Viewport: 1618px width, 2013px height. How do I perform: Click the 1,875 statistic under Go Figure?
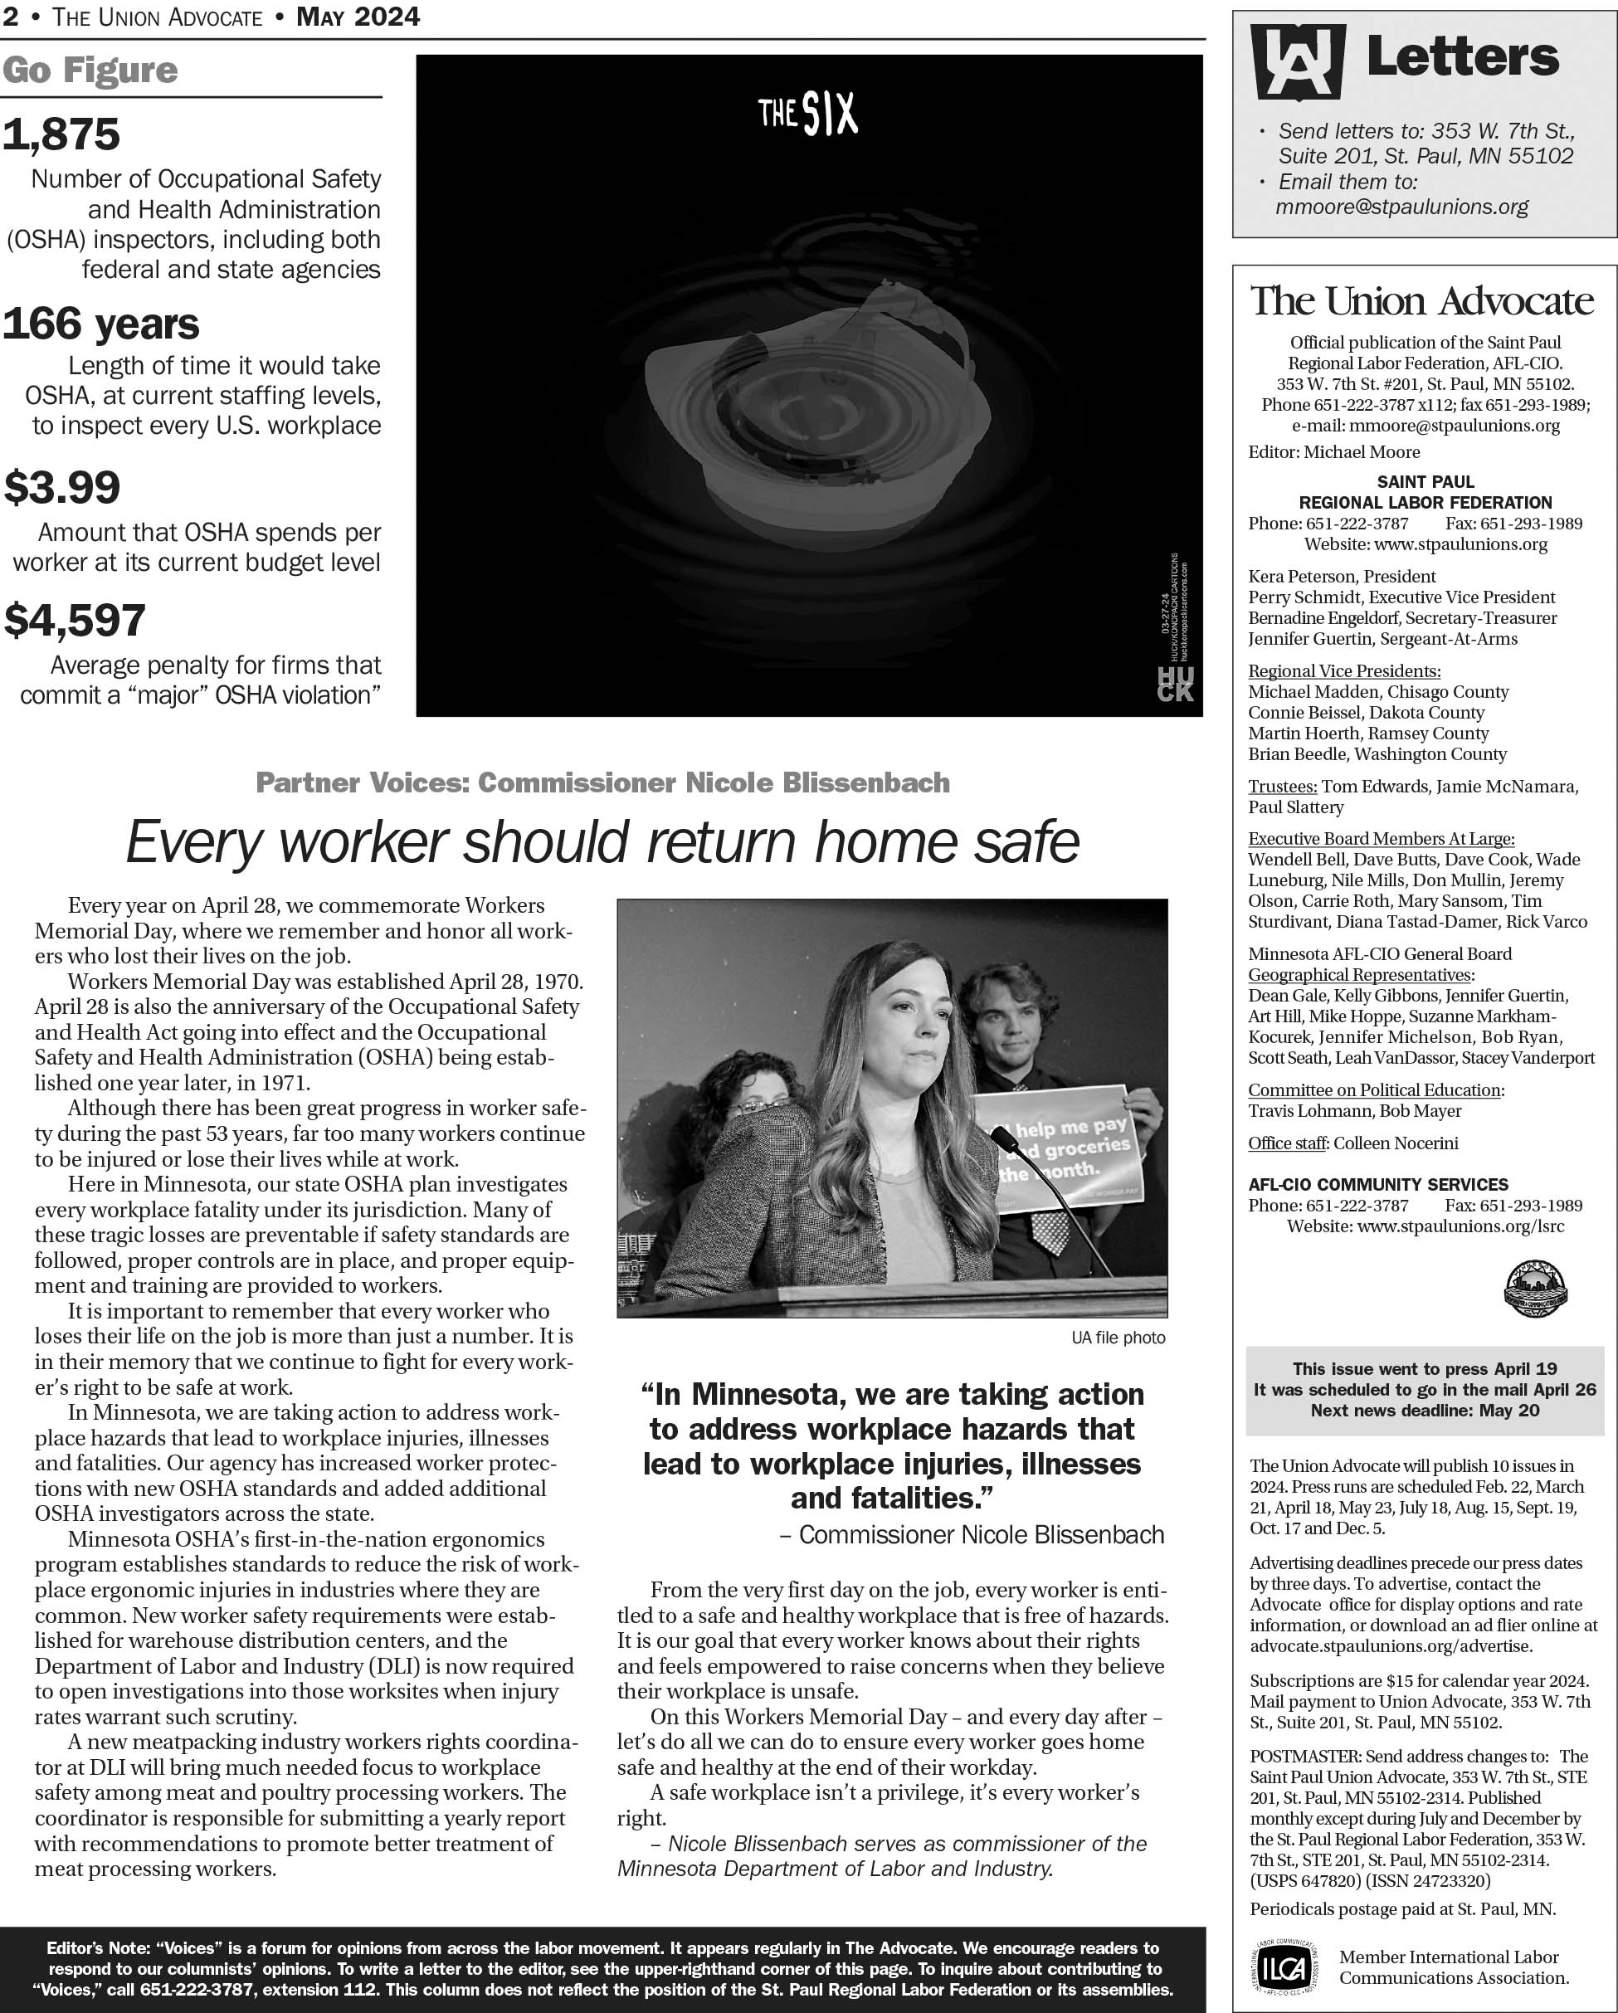(x=61, y=134)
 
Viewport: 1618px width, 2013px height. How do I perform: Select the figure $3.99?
(x=62, y=487)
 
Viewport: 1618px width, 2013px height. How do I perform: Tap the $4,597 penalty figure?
(x=75, y=620)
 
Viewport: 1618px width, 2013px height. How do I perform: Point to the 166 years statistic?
(x=101, y=324)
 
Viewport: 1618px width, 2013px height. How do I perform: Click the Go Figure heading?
(x=90, y=70)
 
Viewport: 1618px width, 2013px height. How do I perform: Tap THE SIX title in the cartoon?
(x=807, y=115)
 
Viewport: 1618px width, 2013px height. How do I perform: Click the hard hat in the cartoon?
(x=817, y=411)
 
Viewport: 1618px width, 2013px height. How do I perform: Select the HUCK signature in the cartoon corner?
(x=1175, y=685)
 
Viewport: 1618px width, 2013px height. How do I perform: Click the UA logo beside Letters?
(x=1297, y=61)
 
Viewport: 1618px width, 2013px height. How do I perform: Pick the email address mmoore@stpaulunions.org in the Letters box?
(x=1401, y=207)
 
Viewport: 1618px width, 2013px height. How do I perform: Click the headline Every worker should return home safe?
(x=602, y=842)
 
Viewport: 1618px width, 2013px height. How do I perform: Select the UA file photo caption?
(x=1118, y=1338)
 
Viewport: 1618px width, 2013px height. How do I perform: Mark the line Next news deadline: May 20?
(x=1425, y=1411)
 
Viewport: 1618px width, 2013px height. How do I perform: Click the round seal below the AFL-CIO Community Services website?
(x=1535, y=1289)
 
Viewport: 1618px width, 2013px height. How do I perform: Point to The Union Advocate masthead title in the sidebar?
(x=1422, y=300)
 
